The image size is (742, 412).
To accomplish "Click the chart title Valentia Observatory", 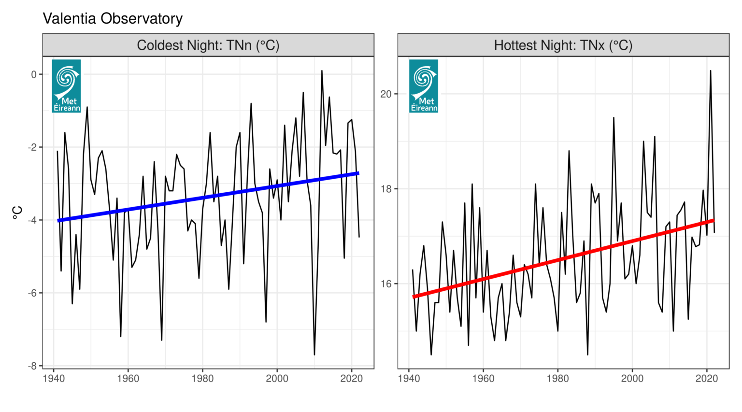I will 113,19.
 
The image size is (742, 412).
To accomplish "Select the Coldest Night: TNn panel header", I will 208,45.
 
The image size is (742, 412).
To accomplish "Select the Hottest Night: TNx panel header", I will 563,45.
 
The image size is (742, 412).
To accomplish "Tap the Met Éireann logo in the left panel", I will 66,86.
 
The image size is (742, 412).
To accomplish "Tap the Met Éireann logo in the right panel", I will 423,86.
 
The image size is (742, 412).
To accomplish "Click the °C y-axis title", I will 17,213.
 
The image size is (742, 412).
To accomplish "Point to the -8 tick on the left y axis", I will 33,366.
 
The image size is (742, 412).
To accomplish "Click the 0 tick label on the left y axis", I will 34,74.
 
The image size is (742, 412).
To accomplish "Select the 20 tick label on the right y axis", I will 386,94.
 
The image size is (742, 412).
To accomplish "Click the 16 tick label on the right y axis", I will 386,284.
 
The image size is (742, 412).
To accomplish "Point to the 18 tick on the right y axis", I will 386,189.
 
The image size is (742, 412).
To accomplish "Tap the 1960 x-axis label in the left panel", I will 128,379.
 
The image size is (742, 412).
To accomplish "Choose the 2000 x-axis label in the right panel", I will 632,379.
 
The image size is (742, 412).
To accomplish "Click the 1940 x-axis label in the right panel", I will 409,379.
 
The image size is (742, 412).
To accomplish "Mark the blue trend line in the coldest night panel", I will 208,196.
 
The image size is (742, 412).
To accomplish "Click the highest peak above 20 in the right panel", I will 710,71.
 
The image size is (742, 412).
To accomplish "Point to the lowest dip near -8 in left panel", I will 314,355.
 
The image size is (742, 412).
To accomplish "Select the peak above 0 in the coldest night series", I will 322,71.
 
